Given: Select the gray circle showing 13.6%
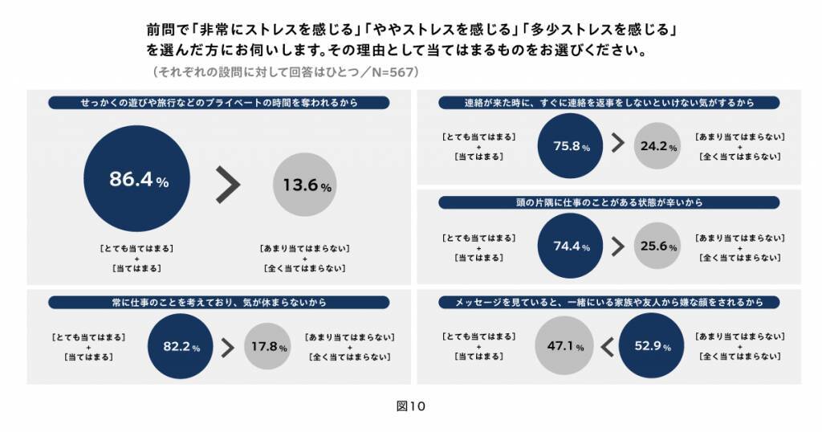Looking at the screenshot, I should (306, 185).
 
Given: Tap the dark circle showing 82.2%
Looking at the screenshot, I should (181, 347).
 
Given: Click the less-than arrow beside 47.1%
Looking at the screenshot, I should (607, 346).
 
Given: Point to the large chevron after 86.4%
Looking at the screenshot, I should (228, 185).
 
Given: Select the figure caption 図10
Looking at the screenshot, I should (410, 406).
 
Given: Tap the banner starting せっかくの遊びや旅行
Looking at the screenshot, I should (219, 103).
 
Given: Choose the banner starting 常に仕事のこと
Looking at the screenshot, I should (219, 303).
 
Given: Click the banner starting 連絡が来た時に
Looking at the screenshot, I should (609, 103).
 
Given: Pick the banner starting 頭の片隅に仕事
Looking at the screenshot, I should (609, 202).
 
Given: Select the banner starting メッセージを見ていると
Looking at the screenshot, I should (609, 303).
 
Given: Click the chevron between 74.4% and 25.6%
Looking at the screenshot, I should (617, 246).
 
